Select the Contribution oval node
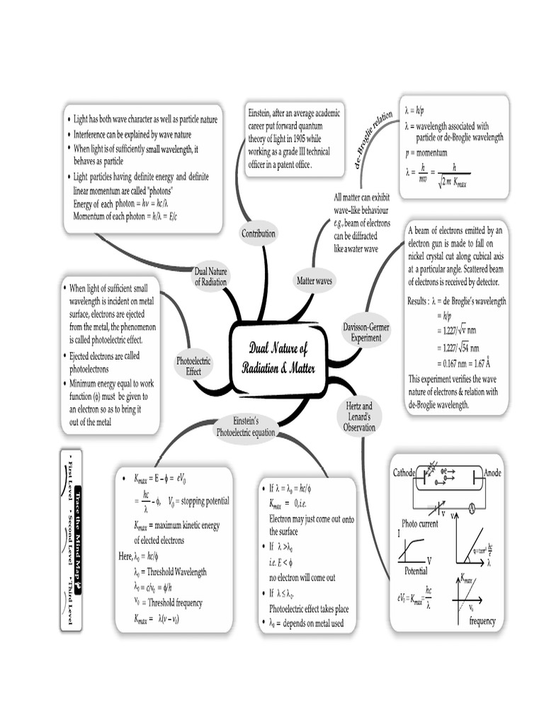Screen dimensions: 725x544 (x=259, y=233)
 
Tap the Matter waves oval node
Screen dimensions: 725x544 (x=314, y=281)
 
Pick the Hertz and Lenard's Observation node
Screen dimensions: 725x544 (x=358, y=417)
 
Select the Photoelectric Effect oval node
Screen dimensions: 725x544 (x=193, y=365)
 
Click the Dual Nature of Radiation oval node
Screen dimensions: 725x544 (x=210, y=276)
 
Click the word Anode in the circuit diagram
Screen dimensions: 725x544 (x=493, y=472)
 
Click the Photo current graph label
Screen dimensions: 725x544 (x=420, y=523)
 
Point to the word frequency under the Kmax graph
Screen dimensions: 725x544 (x=482, y=622)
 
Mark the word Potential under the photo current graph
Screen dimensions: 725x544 (x=416, y=571)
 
